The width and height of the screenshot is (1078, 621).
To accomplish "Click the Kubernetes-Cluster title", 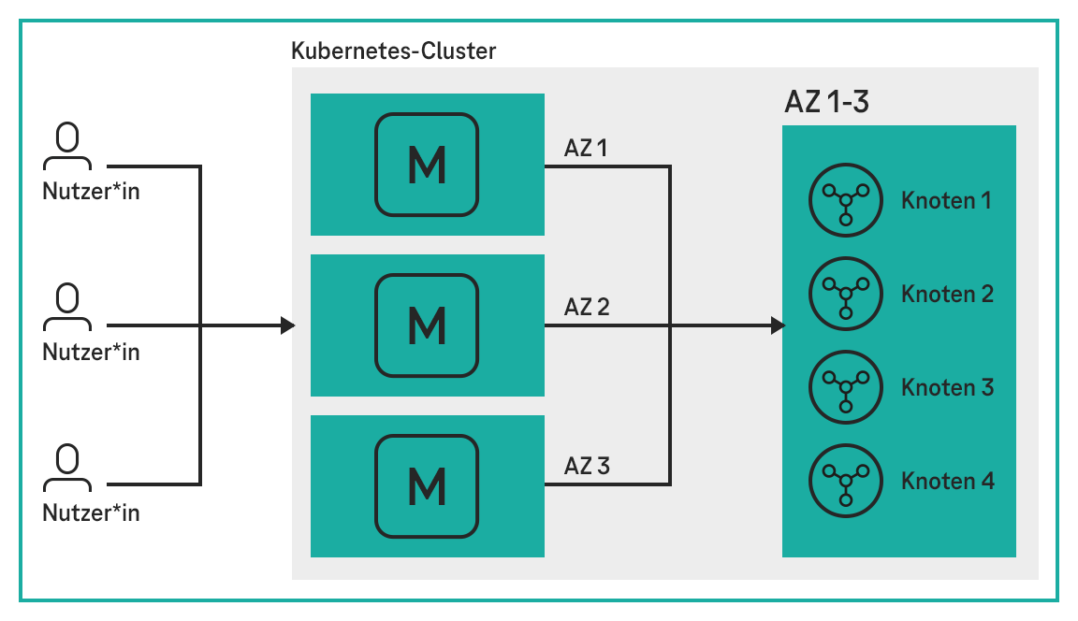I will [x=393, y=51].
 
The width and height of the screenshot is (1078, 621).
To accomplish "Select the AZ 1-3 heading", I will [x=826, y=102].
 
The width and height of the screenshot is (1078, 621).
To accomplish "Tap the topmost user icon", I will [x=66, y=149].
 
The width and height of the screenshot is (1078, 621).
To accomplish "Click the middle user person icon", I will [x=66, y=310].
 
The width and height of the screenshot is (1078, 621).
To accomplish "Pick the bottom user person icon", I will [x=66, y=469].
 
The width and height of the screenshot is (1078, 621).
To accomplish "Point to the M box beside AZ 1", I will [x=427, y=165].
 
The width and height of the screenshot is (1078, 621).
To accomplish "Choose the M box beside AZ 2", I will [x=427, y=325].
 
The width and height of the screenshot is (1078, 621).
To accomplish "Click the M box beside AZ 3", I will [x=427, y=484].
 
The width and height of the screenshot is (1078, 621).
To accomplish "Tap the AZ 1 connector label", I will [x=587, y=148].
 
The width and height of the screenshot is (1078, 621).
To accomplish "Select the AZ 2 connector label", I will [x=587, y=307].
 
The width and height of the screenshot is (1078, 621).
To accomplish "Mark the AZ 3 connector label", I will [x=587, y=466].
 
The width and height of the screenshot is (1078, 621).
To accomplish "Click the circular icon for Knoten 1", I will [x=845, y=201].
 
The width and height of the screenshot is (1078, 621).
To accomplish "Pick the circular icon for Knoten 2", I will [x=845, y=295].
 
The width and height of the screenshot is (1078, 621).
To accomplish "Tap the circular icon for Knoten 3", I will [x=845, y=387].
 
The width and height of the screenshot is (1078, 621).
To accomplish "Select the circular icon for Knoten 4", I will [x=845, y=481].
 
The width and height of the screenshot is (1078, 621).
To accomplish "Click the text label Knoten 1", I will [x=946, y=201].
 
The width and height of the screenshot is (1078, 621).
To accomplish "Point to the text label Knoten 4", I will [x=947, y=482].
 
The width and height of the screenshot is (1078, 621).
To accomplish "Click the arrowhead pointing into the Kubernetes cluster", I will [x=288, y=325].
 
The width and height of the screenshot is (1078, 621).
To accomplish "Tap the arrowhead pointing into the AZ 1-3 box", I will [x=778, y=325].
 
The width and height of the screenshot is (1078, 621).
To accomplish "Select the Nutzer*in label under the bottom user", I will [x=91, y=513].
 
